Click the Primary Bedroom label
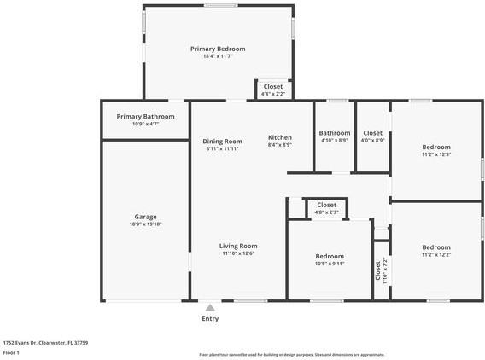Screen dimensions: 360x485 pos(218,49)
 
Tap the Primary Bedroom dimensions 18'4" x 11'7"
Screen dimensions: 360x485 pos(218,57)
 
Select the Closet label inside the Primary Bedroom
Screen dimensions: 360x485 pos(273,86)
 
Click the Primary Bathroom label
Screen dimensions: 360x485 pos(146,116)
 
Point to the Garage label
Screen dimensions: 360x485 pos(145,216)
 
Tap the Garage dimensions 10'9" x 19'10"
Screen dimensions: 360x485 pos(145,224)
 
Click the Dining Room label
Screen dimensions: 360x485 pos(222,141)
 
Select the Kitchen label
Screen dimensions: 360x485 pos(280,137)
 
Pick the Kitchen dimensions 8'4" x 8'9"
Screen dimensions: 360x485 pos(280,145)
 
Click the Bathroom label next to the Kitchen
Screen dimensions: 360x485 pos(335,132)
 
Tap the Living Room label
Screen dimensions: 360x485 pos(238,246)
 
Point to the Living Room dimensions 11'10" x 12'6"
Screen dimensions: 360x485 pos(238,253)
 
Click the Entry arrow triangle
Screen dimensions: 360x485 pos(210,307)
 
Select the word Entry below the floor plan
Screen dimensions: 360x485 pos(210,319)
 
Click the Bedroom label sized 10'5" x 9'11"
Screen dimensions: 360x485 pos(330,256)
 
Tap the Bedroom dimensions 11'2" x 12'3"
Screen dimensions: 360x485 pos(436,154)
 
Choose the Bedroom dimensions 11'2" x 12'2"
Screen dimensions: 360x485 pos(436,254)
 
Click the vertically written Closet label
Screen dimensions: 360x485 pos(378,270)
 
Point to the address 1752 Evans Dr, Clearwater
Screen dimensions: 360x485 pos(45,342)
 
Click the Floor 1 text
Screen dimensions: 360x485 pos(12,352)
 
